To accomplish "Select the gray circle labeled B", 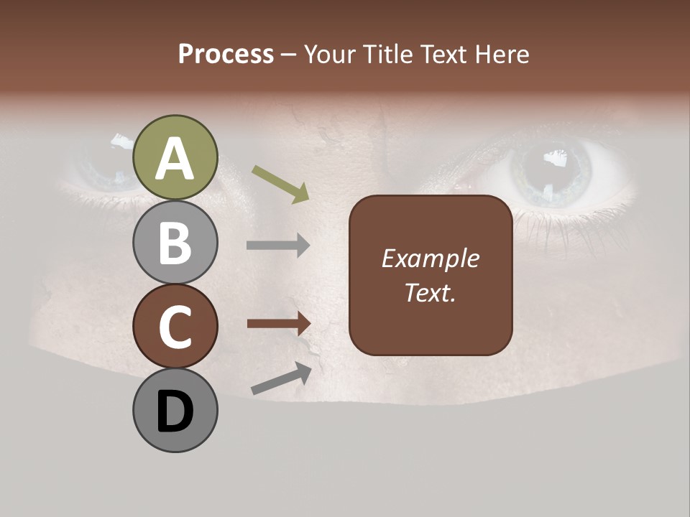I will (x=175, y=242).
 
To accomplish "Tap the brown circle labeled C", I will (x=175, y=326).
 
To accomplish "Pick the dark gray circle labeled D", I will (x=175, y=410).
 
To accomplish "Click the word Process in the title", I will (x=226, y=54).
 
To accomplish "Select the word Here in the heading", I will (x=501, y=54).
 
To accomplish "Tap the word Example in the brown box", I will (x=430, y=258).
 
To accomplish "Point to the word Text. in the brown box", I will (x=430, y=293).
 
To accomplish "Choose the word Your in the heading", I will (x=327, y=54).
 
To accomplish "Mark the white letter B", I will (x=175, y=243).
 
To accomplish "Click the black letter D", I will (x=175, y=411).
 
